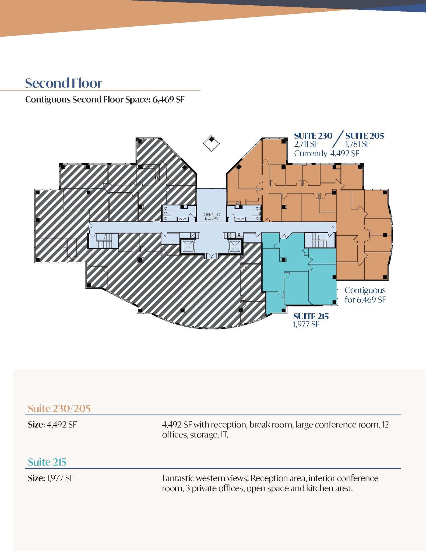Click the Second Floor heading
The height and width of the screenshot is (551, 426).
pos(64,83)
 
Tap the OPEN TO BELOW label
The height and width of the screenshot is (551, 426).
pos(212,216)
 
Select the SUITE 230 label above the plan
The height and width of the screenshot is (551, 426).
pos(313,136)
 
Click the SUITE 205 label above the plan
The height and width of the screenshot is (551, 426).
pos(365,136)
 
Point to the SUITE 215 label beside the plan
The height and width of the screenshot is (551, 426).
pos(311,316)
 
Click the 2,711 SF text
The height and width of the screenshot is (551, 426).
pos(306,144)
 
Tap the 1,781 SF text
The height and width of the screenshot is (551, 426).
pos(357,144)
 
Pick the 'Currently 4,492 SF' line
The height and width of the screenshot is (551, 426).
pos(326,154)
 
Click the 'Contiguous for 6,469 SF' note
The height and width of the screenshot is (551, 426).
pos(365,295)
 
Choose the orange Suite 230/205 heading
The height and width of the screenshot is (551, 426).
pos(59,408)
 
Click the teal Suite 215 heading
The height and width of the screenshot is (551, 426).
pos(47,462)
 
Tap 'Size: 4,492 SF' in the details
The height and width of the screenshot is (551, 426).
pos(52,425)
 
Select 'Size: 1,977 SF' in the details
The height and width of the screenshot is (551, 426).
pos(51,478)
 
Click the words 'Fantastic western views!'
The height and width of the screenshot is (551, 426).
pos(206,478)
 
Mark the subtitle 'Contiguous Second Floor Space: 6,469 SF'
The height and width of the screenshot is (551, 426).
pos(105,100)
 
